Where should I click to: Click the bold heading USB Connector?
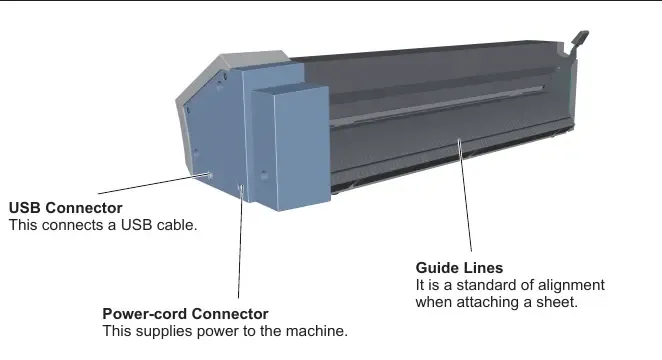click(x=65, y=208)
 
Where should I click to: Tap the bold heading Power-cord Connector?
click(x=185, y=314)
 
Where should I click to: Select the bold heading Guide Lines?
click(x=459, y=268)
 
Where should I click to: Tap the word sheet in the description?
click(x=557, y=302)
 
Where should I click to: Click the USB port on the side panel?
click(x=210, y=175)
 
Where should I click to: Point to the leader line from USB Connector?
click(x=153, y=184)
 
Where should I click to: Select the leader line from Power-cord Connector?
click(x=240, y=242)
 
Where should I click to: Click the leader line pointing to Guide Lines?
click(x=465, y=195)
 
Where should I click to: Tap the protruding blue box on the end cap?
click(x=290, y=149)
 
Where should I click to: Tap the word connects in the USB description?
click(x=74, y=225)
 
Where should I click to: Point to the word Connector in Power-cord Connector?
click(x=230, y=314)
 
